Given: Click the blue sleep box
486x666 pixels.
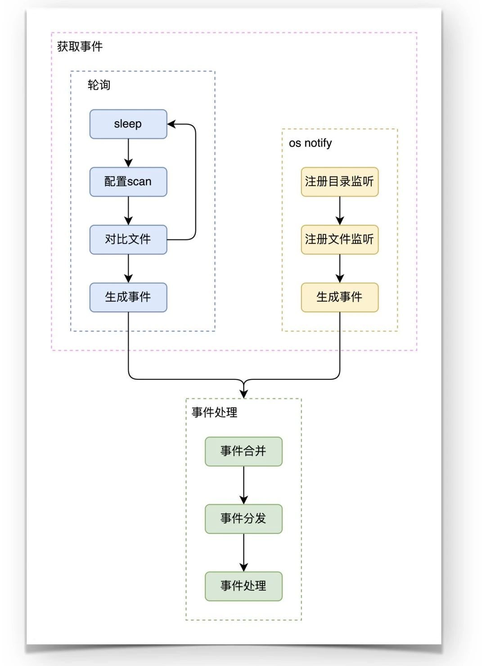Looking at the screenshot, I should click(x=128, y=124).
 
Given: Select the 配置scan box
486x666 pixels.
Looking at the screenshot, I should click(x=128, y=182).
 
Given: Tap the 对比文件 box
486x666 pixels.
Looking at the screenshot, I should click(x=128, y=239).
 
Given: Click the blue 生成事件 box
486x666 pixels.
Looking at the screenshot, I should click(x=128, y=297).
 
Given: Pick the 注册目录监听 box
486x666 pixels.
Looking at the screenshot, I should click(x=339, y=182).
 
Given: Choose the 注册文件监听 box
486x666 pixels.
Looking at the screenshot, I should click(x=339, y=239).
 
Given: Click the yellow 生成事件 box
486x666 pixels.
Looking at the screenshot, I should click(x=339, y=297).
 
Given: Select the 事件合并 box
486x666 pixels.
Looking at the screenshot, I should click(x=243, y=451).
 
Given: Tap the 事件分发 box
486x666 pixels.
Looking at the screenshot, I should click(x=243, y=519).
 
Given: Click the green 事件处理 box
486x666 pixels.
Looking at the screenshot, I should click(x=243, y=586).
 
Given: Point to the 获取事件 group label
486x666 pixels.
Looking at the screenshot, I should click(x=80, y=46).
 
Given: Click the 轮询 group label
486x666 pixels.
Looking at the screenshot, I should click(x=99, y=85).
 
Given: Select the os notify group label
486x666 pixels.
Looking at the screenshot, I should click(x=310, y=143).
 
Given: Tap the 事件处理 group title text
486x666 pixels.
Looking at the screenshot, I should click(x=214, y=412).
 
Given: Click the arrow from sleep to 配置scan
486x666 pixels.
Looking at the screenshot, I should click(x=128, y=153).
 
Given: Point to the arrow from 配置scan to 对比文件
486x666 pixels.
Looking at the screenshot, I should click(x=128, y=210).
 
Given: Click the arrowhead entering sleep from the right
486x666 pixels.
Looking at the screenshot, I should click(x=172, y=124).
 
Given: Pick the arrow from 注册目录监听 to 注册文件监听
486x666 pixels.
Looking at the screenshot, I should click(x=339, y=210).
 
